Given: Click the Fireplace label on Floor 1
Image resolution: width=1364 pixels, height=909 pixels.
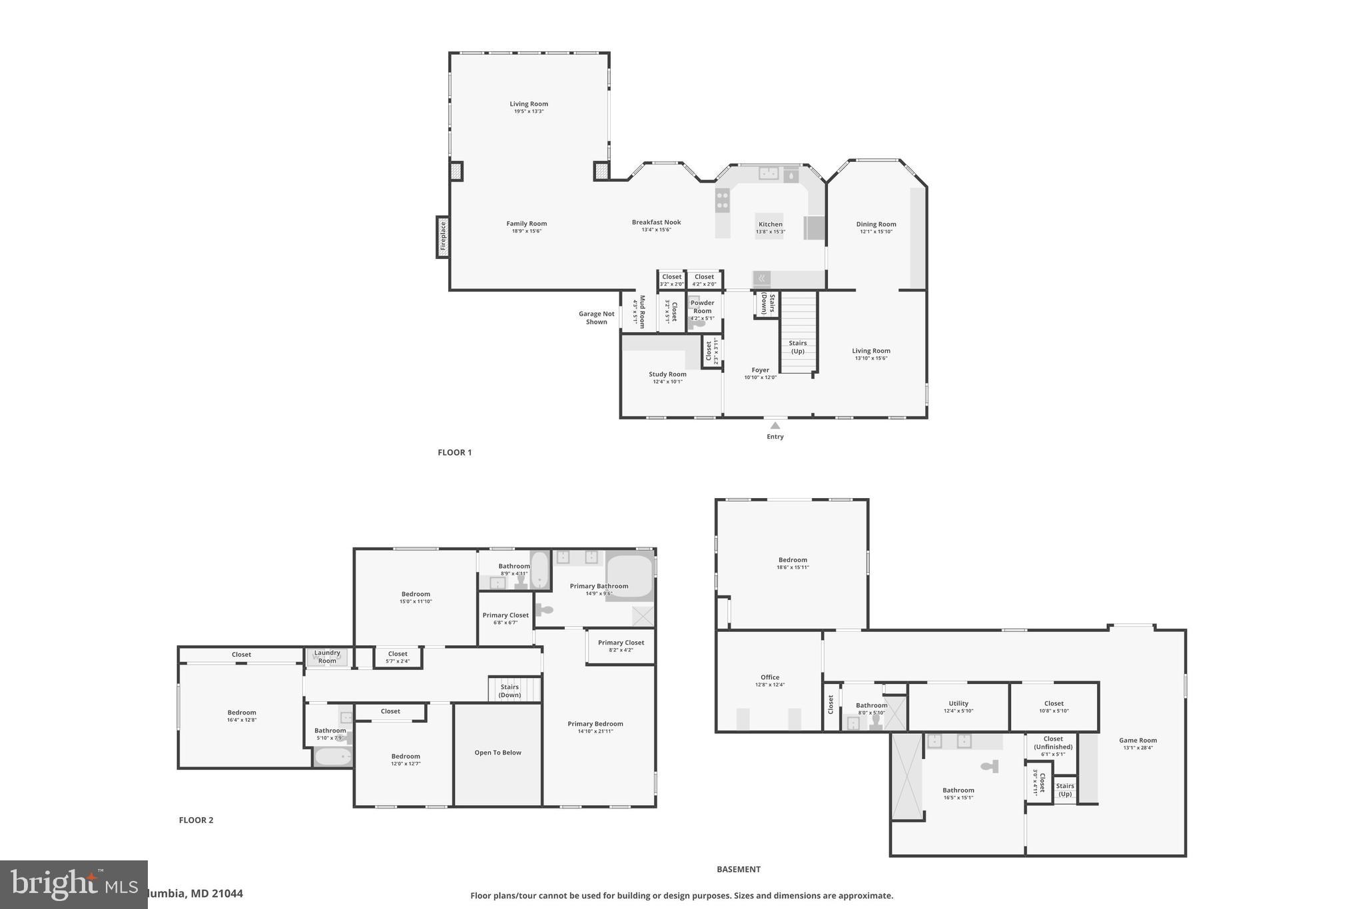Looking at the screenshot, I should [443, 236].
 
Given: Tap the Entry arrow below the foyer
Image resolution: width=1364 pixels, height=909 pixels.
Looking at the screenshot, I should [775, 426].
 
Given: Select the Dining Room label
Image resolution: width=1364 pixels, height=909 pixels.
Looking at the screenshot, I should [876, 224].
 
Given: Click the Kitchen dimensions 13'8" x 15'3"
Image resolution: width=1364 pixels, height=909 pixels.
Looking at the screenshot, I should [770, 232].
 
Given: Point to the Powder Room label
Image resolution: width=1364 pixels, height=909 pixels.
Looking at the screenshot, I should [702, 307].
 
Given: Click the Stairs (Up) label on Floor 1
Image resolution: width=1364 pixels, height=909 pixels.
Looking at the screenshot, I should [797, 347].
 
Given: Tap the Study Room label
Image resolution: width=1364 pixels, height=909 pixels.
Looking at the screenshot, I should [667, 374].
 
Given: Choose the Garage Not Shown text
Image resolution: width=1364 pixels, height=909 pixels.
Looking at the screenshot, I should [596, 318].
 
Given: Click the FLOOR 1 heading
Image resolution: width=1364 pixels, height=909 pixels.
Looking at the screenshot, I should [454, 452].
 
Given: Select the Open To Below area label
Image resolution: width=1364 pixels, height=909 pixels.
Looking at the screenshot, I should [498, 753].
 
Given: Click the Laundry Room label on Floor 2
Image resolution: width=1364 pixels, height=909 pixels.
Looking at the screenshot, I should [327, 657].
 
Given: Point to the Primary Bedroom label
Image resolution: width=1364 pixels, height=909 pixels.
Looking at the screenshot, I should [595, 724].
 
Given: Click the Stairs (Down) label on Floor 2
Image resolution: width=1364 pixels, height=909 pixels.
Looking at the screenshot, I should [510, 691].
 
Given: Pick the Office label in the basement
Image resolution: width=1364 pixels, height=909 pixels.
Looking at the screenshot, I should [769, 677].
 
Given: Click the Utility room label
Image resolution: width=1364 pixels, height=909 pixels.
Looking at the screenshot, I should [958, 703].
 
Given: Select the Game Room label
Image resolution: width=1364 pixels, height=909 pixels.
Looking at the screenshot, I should [1138, 740].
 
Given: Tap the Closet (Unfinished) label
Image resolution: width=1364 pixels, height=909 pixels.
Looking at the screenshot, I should [1053, 743].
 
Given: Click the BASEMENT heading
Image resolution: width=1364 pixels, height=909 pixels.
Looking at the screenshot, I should [738, 869].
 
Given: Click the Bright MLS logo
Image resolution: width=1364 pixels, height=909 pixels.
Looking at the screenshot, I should [73, 884].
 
